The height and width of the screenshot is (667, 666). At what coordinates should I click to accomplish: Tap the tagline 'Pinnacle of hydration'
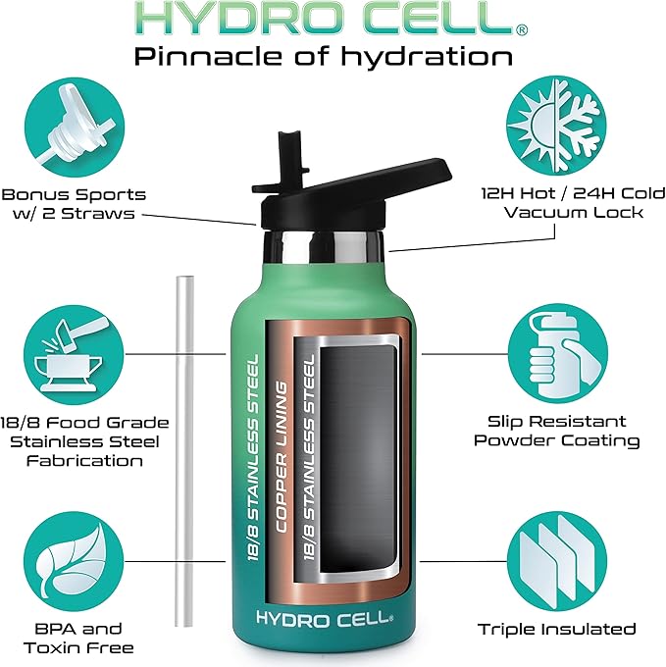[x=324, y=56]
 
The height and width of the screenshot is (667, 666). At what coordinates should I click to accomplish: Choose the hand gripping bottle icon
[x=556, y=351]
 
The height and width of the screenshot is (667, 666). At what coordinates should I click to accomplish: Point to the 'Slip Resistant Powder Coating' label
[x=556, y=431]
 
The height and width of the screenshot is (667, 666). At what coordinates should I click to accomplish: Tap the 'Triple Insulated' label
[x=556, y=629]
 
